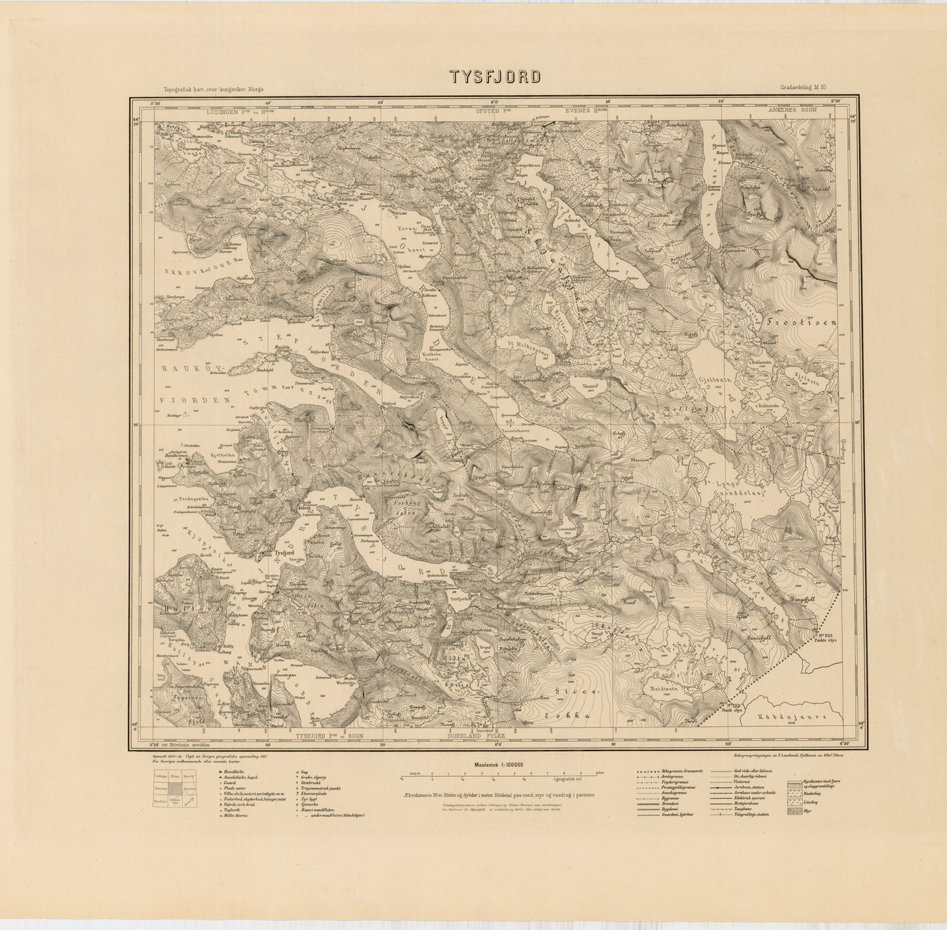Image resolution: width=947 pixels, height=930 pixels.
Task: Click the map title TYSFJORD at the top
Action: pyautogui.click(x=495, y=77)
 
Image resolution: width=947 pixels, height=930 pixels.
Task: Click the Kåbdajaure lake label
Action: pyautogui.click(x=797, y=716)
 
